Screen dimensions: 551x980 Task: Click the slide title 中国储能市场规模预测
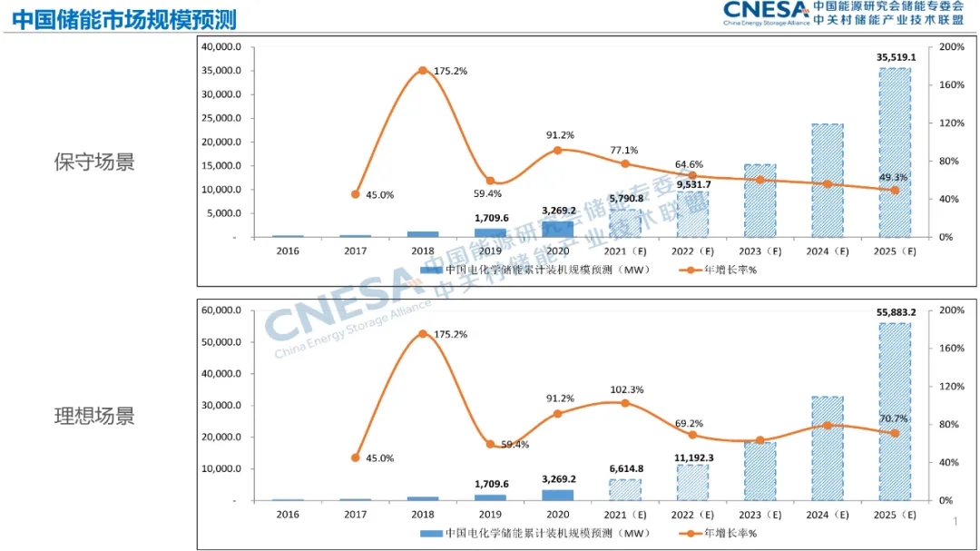(x=124, y=18)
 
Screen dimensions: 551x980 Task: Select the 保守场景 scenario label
(x=94, y=162)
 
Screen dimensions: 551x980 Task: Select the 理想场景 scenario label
(x=94, y=416)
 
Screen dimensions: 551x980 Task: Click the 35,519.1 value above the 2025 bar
(x=896, y=57)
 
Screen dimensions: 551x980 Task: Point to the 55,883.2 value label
(x=896, y=312)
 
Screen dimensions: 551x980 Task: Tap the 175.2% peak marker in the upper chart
(x=422, y=71)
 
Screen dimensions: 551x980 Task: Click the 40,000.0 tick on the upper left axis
(x=221, y=47)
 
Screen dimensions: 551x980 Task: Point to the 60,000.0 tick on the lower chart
(x=221, y=310)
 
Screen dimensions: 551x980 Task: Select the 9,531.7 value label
(x=693, y=185)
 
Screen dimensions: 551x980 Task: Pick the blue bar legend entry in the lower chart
(x=508, y=533)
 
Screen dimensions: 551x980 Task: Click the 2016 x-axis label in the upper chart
(x=288, y=251)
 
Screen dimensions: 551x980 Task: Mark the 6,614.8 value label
(x=626, y=469)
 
